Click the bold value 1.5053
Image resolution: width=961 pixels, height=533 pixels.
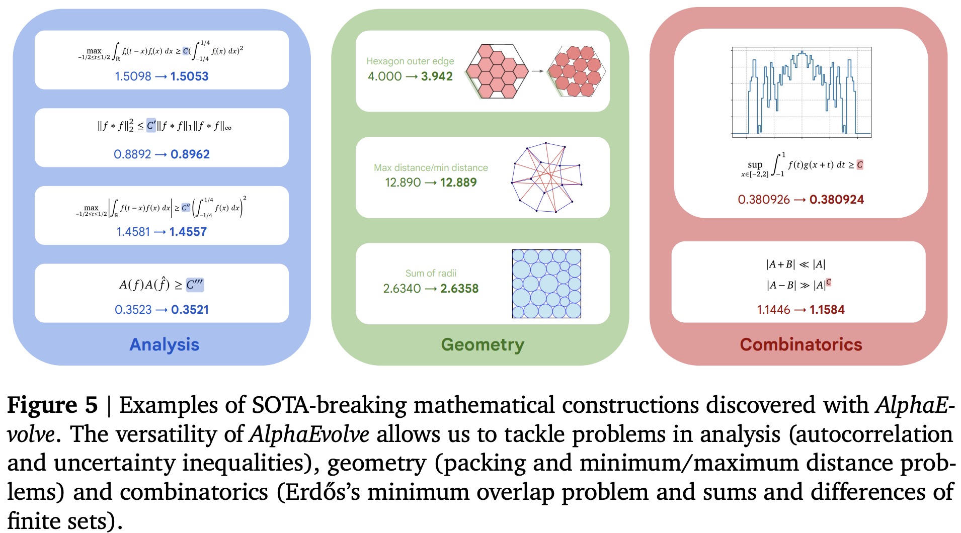click(x=189, y=76)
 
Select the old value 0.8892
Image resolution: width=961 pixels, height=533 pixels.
click(x=132, y=154)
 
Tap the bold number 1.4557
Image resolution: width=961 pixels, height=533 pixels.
click(x=188, y=232)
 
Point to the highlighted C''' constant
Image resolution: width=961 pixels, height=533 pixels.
click(x=194, y=285)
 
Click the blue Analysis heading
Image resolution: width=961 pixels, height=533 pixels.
click(x=164, y=344)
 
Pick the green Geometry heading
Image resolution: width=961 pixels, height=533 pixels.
click(x=483, y=344)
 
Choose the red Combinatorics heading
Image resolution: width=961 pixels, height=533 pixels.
click(x=801, y=344)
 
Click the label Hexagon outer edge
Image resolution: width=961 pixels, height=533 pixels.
click(x=410, y=61)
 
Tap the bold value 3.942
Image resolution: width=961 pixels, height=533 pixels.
click(x=437, y=76)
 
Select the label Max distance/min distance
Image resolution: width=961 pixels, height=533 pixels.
click(x=431, y=167)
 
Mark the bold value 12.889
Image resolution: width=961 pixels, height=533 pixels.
click(x=458, y=183)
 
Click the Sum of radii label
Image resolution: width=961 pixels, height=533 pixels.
click(x=431, y=273)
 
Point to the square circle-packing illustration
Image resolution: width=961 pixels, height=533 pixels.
click(x=546, y=284)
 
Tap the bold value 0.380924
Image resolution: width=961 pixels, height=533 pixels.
click(x=836, y=200)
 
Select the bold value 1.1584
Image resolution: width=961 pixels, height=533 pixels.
click(x=827, y=310)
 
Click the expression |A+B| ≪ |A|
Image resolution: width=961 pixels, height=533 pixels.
click(x=795, y=264)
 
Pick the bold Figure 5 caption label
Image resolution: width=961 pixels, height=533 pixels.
click(x=52, y=405)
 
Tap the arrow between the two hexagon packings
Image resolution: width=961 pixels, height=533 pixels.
click(x=537, y=71)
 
